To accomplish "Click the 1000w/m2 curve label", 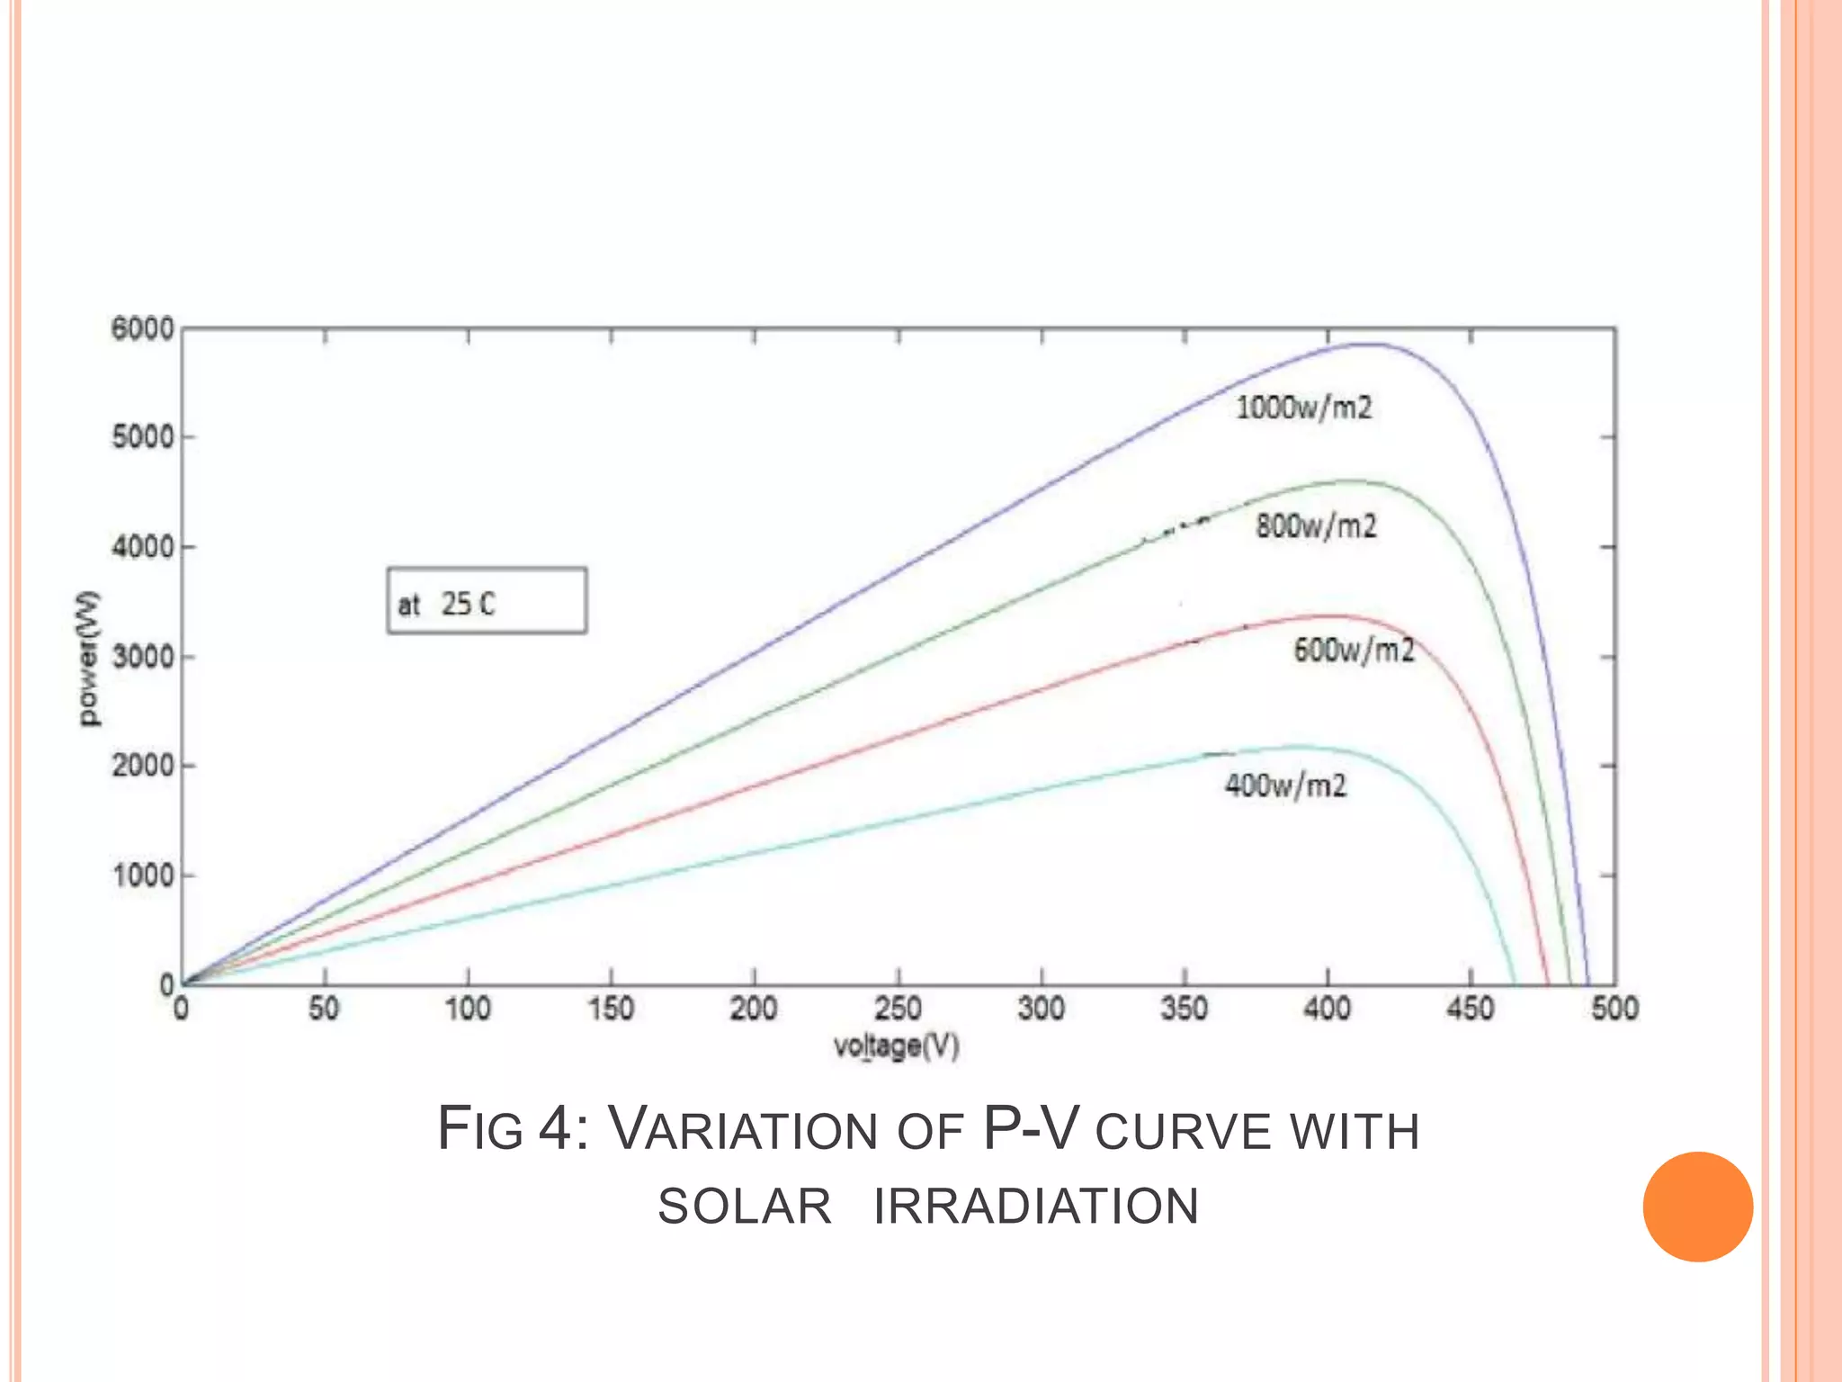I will point(1303,408).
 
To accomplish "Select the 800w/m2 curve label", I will point(1316,525).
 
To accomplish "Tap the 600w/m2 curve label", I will point(1354,649).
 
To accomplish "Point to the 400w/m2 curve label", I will point(1285,785).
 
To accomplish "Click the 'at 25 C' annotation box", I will point(487,601).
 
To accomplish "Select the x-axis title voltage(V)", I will point(896,1046).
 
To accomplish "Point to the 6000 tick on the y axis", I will point(142,329).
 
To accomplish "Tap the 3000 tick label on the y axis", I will point(142,657).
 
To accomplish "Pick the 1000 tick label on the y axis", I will point(142,875).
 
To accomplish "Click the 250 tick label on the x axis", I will point(898,1009).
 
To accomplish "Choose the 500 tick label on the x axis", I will point(1614,1009).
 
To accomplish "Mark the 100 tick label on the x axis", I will point(468,1009).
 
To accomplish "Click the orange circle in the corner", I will point(1697,1207).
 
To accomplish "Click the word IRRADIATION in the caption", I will point(1036,1207).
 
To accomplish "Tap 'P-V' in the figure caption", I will point(1030,1128).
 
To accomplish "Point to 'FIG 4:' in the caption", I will point(513,1128).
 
